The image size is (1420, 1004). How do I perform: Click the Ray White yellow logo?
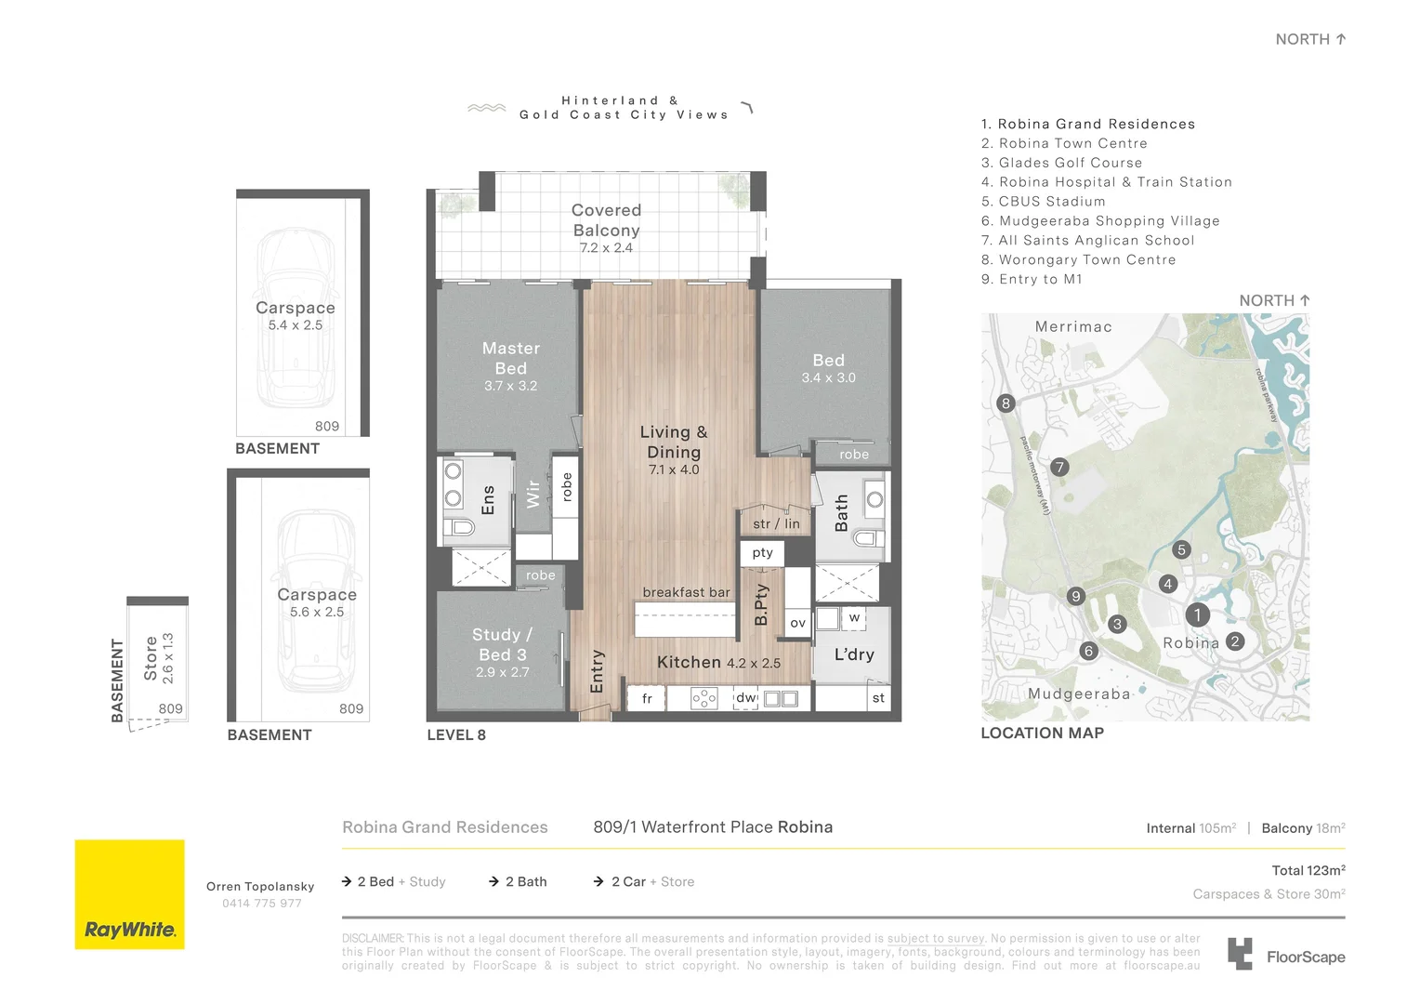click(129, 894)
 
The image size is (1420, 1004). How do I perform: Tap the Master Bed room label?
click(510, 359)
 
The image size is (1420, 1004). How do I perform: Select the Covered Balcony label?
click(606, 220)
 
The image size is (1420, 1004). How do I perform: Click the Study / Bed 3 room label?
click(502, 644)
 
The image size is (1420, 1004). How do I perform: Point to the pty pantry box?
click(763, 552)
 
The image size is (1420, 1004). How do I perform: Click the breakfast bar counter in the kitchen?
click(686, 618)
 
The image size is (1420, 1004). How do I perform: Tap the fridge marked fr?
click(647, 698)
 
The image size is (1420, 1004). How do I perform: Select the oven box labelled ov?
click(797, 623)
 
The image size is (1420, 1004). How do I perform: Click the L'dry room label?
click(853, 654)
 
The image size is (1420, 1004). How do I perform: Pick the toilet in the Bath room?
click(867, 538)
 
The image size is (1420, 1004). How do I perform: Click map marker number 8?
click(1006, 403)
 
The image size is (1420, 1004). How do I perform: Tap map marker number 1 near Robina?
click(1197, 614)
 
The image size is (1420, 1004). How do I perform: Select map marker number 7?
click(1059, 468)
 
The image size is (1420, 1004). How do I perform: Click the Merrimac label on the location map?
click(1073, 327)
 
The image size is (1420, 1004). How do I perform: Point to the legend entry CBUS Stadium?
click(1051, 202)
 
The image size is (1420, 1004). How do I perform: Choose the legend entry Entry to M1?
click(1040, 280)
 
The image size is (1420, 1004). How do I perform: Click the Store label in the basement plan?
click(151, 658)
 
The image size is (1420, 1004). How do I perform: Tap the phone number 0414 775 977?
click(261, 904)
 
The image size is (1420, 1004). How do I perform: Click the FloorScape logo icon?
click(1240, 954)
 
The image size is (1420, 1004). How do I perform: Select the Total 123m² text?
click(1308, 871)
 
